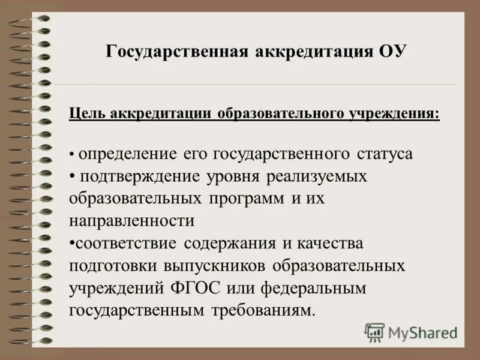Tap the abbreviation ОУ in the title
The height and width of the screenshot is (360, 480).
coord(393,51)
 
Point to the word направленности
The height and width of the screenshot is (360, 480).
coord(132,221)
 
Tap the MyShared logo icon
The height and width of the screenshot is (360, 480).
coord(375,332)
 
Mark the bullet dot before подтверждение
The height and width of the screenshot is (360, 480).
coord(72,176)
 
